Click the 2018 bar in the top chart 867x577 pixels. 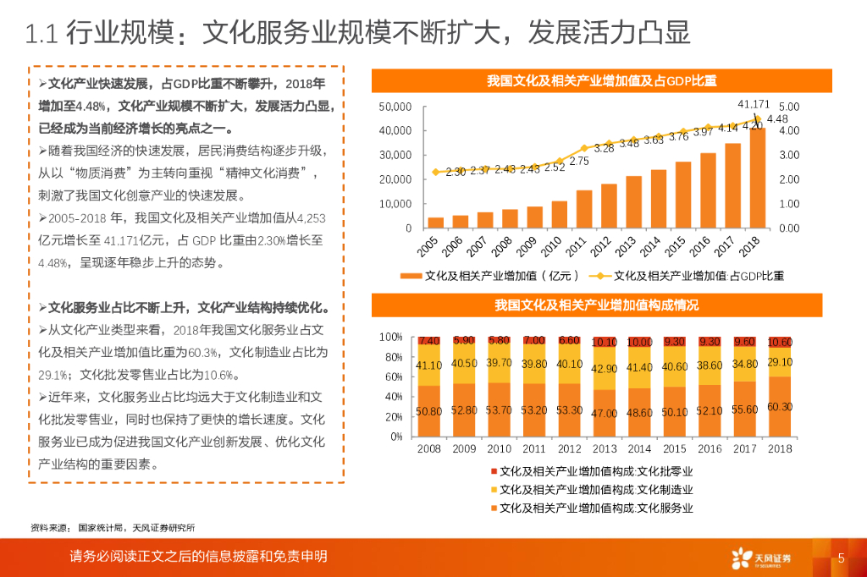[757, 178]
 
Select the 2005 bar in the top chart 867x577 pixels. [436, 223]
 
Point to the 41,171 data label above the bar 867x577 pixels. [754, 104]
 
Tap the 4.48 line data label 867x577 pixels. [777, 118]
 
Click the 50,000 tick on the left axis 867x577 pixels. [396, 107]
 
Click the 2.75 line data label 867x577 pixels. [579, 161]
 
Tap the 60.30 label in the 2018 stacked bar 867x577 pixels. [779, 407]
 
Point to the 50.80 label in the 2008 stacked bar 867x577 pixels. [429, 411]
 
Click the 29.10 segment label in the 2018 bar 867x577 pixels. [779, 361]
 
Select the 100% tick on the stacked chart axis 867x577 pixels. [390, 337]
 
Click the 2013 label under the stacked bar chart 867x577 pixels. [605, 448]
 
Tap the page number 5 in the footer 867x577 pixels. [841, 558]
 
